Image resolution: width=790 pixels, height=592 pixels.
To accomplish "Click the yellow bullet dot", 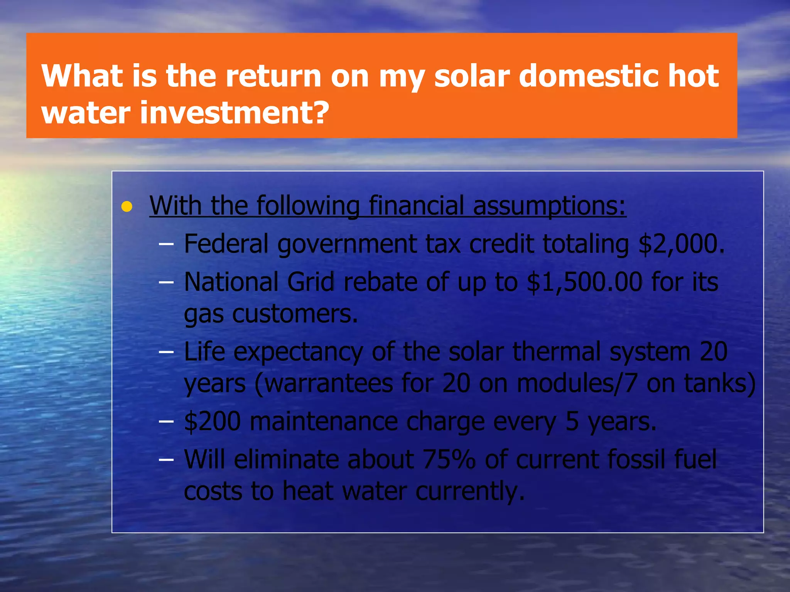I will point(127,207).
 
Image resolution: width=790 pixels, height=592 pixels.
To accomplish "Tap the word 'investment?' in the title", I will point(235,113).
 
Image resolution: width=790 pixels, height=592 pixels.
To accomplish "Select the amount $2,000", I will point(682,244).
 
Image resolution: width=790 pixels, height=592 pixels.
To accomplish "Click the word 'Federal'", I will point(226,244).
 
